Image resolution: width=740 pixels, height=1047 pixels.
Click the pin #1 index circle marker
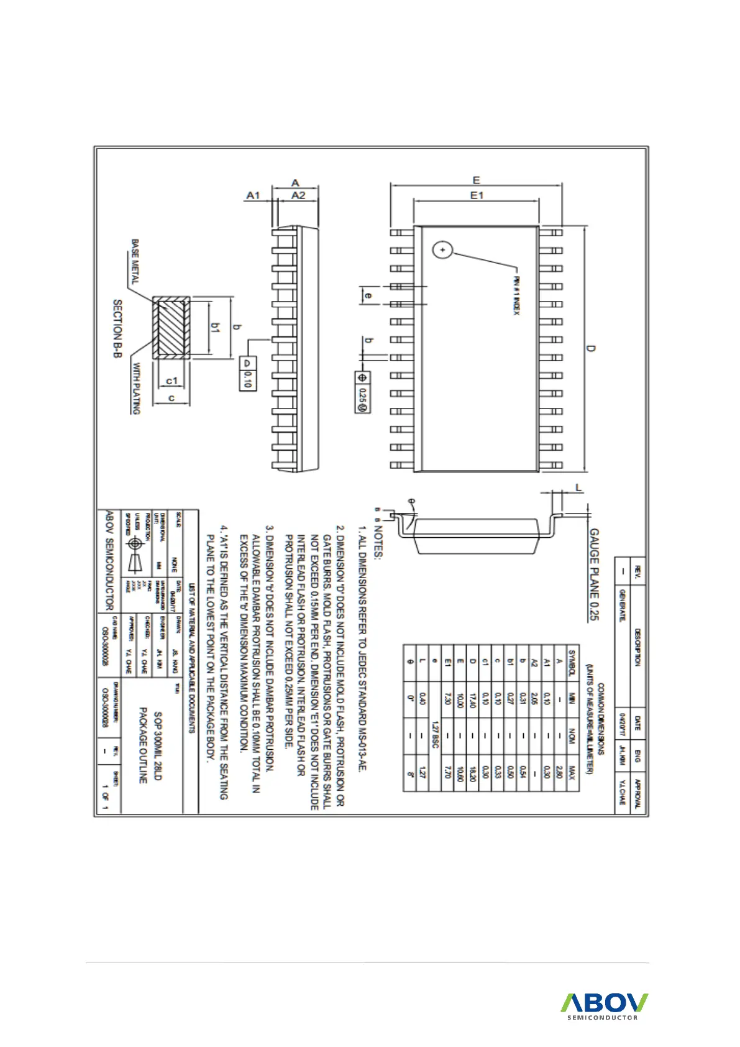click(442, 250)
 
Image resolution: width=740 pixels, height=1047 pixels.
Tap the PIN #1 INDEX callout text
click(516, 295)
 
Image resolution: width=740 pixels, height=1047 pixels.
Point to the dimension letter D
click(591, 348)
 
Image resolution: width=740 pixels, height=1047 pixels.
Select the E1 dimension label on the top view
click(477, 195)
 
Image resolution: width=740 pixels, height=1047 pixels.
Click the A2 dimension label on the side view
click(298, 195)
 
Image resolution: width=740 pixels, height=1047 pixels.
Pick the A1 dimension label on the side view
click(253, 195)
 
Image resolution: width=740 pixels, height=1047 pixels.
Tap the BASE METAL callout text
click(135, 261)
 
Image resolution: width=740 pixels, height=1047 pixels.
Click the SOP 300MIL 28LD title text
click(157, 746)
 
